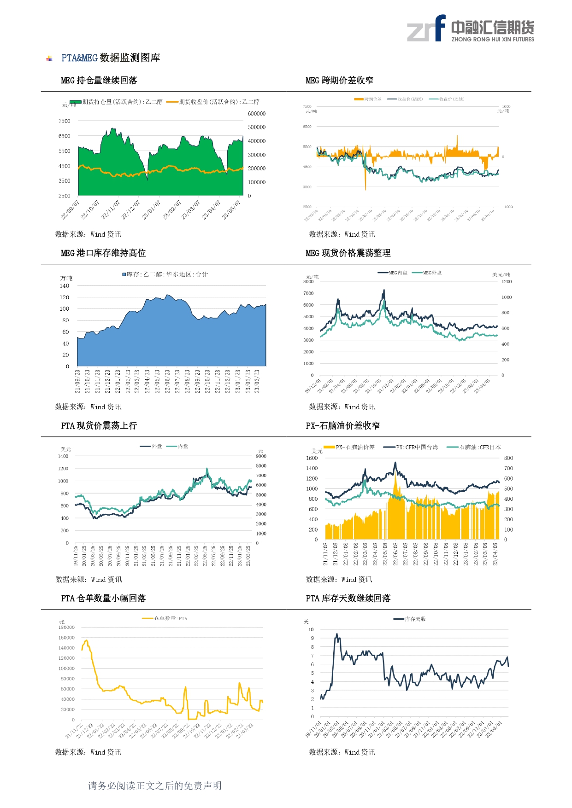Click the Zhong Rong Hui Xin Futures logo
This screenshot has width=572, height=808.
(x=470, y=29)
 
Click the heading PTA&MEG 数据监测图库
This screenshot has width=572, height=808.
(x=111, y=58)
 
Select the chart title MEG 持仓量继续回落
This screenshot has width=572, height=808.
(x=99, y=81)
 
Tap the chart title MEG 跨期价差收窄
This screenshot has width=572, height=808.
(x=339, y=81)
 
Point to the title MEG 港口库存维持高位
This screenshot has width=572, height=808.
(x=103, y=253)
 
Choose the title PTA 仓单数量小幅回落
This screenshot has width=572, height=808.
(x=103, y=599)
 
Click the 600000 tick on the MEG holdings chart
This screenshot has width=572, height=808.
(x=257, y=114)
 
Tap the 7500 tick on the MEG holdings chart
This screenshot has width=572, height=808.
(x=65, y=121)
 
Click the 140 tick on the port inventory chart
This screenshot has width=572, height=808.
(x=65, y=286)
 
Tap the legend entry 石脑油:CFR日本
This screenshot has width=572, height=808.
(x=474, y=447)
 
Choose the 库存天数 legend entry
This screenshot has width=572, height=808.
(x=410, y=619)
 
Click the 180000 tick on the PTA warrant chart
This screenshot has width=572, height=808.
(x=66, y=627)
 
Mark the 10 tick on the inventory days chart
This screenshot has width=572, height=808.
(x=311, y=629)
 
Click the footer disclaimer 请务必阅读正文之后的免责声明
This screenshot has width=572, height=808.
(x=155, y=785)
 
